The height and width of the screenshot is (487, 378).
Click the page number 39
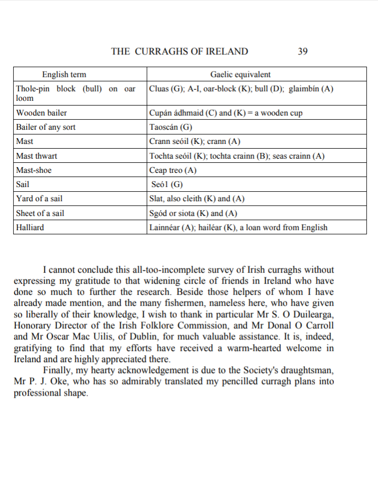tap(302, 51)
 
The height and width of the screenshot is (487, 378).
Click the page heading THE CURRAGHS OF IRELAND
tap(180, 51)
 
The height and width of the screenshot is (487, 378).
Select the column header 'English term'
tap(64, 75)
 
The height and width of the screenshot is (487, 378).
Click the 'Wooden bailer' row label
tap(41, 112)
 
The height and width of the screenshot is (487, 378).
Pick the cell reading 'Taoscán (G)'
tap(171, 127)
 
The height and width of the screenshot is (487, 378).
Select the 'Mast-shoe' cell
tap(34, 170)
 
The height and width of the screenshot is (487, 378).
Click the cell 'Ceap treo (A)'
tap(173, 170)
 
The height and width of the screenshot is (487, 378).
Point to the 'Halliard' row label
tap(30, 227)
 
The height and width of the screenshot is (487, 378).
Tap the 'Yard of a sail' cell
tap(39, 199)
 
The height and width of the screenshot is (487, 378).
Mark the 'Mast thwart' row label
tap(37, 156)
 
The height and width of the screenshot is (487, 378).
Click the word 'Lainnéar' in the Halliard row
tap(165, 227)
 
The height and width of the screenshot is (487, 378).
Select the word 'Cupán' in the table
tap(161, 112)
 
